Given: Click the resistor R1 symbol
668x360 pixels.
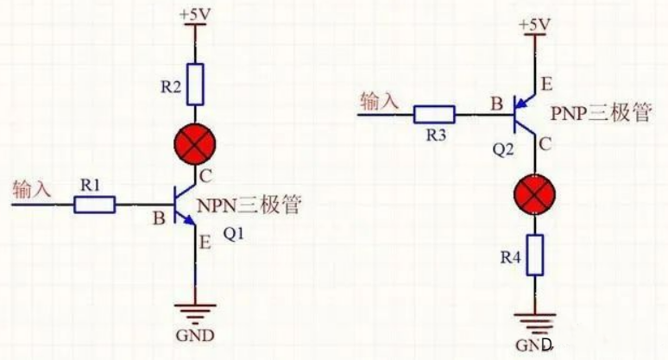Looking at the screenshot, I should tap(94, 205).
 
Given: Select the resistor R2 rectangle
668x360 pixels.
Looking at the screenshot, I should tap(196, 81).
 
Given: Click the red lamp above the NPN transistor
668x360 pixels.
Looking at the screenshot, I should tap(196, 144).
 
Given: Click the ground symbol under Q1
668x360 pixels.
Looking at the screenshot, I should tap(196, 316).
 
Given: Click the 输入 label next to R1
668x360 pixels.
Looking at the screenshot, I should tap(31, 187).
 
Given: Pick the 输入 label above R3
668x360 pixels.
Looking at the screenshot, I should tap(380, 101).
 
